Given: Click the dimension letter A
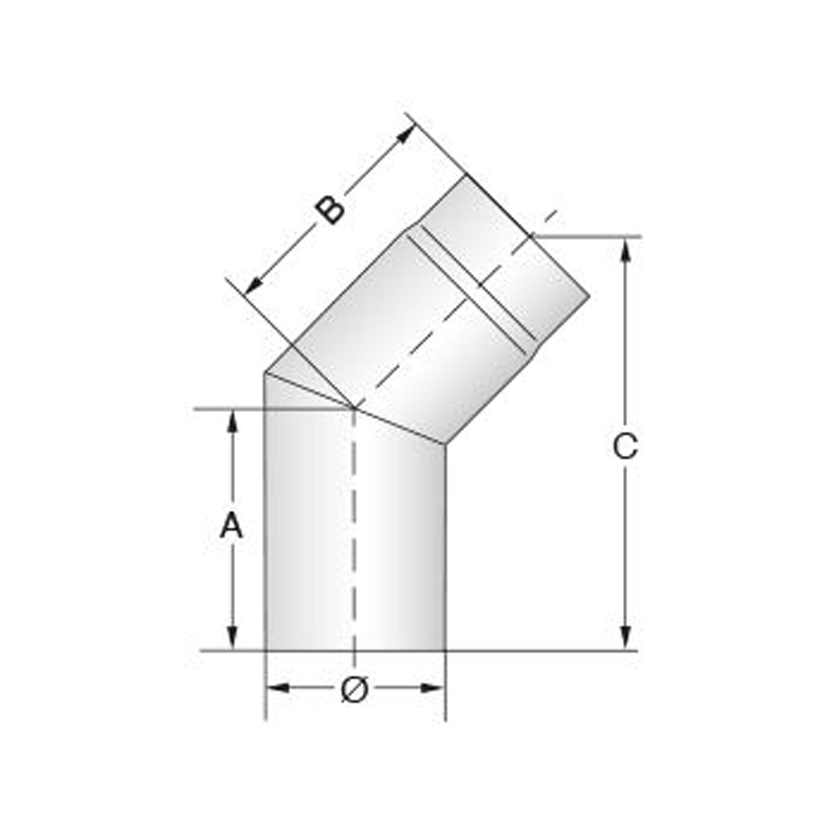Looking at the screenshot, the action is [x=232, y=525].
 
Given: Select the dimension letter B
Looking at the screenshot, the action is [x=329, y=209].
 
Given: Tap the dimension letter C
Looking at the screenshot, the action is [x=625, y=446].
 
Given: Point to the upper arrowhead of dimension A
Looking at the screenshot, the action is [x=232, y=421].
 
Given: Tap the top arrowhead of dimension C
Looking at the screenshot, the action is [x=626, y=249].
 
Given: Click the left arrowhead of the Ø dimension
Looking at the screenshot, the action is [x=278, y=688].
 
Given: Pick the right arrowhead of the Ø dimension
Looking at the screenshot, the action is [x=432, y=688].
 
